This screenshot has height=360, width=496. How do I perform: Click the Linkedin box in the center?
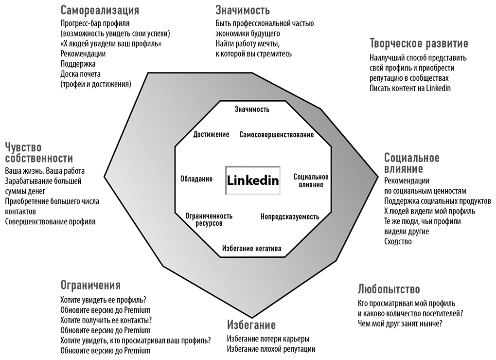(x=253, y=180)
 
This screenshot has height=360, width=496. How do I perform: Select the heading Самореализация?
(x=100, y=10)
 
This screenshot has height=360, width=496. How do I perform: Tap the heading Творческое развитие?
(x=419, y=43)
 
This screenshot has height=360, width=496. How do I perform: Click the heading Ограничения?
(x=90, y=285)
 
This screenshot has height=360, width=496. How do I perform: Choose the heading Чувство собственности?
(x=39, y=152)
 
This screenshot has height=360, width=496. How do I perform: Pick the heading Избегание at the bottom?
(x=251, y=325)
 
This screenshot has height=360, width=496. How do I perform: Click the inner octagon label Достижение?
(x=211, y=134)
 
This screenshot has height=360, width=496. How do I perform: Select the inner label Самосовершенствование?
(x=277, y=135)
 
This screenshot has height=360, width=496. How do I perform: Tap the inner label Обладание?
(x=196, y=179)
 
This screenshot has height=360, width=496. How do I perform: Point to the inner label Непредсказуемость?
(x=290, y=216)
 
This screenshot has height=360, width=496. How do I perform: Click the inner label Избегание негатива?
(x=251, y=248)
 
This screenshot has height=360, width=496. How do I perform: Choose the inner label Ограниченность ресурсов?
(x=209, y=219)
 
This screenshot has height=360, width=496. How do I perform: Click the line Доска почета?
(x=80, y=74)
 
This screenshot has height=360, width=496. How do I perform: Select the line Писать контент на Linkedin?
(x=410, y=88)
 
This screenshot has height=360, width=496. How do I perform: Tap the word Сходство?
(x=398, y=241)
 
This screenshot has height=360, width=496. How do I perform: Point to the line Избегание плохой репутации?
(x=271, y=349)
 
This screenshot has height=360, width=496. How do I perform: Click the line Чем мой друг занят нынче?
(x=400, y=324)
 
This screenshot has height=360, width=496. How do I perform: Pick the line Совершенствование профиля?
(x=50, y=221)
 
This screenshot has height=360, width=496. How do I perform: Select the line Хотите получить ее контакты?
(x=106, y=320)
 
